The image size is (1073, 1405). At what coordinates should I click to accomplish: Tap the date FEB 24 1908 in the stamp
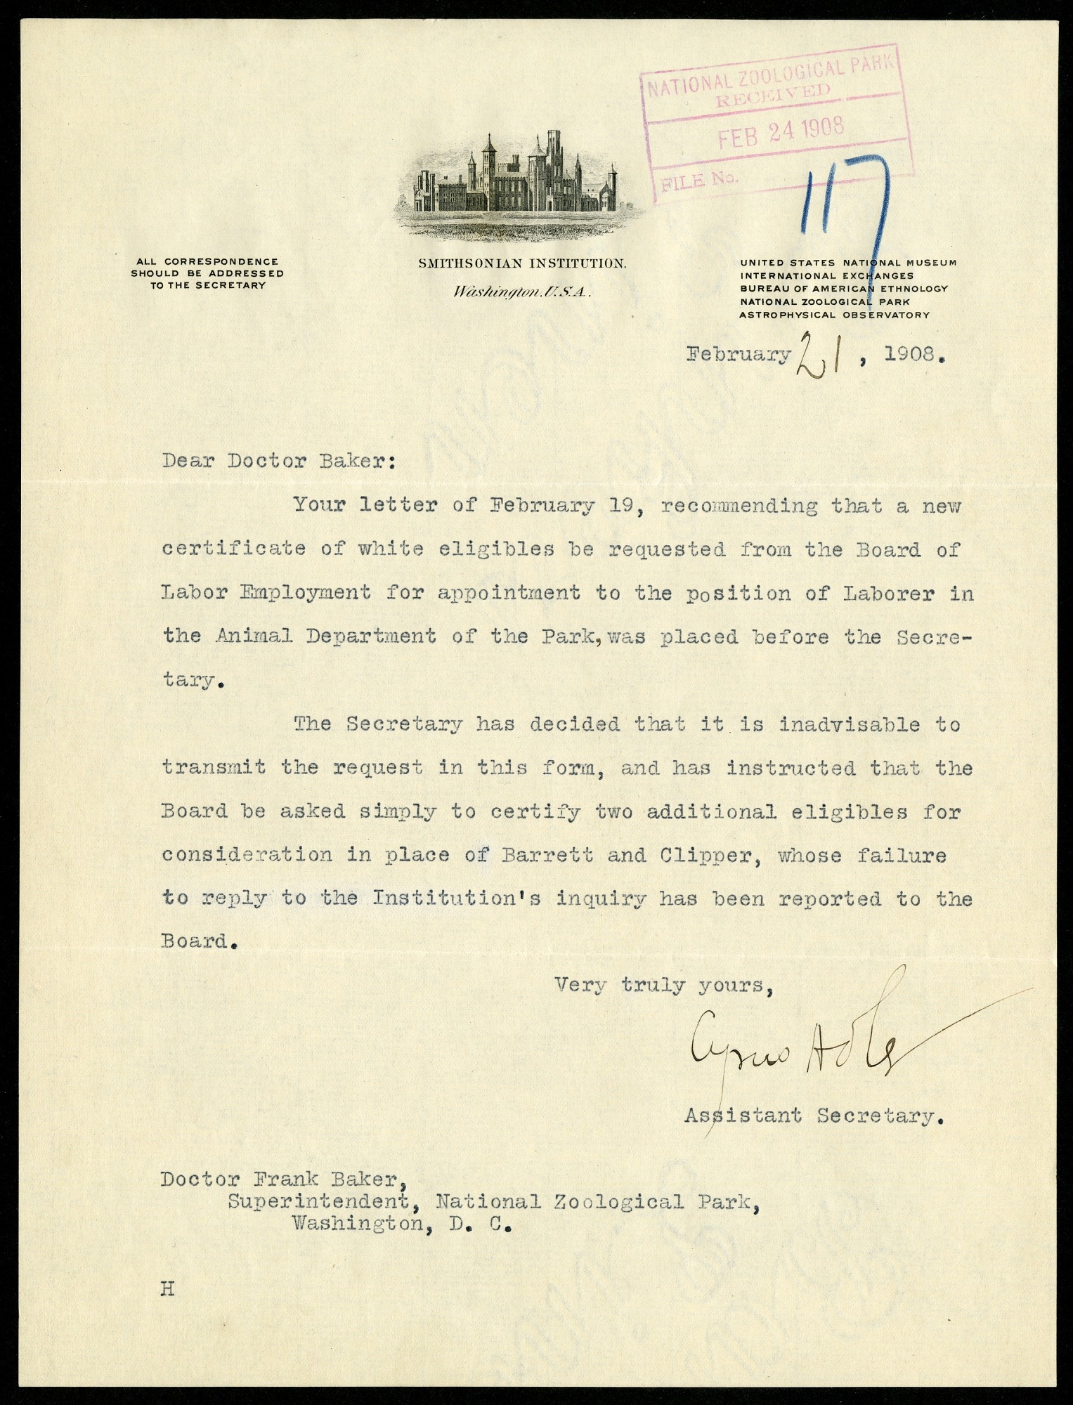click(780, 130)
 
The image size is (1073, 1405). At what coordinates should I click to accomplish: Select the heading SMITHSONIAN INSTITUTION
click(521, 263)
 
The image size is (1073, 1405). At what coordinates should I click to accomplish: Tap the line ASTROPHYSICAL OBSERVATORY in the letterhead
click(834, 315)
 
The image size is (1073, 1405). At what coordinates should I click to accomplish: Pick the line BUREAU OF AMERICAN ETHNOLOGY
click(843, 288)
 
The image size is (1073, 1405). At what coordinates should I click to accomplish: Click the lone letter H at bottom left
click(167, 1289)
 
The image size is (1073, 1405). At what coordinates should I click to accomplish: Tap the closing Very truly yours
click(663, 985)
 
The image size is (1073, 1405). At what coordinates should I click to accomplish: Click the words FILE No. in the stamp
click(696, 181)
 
